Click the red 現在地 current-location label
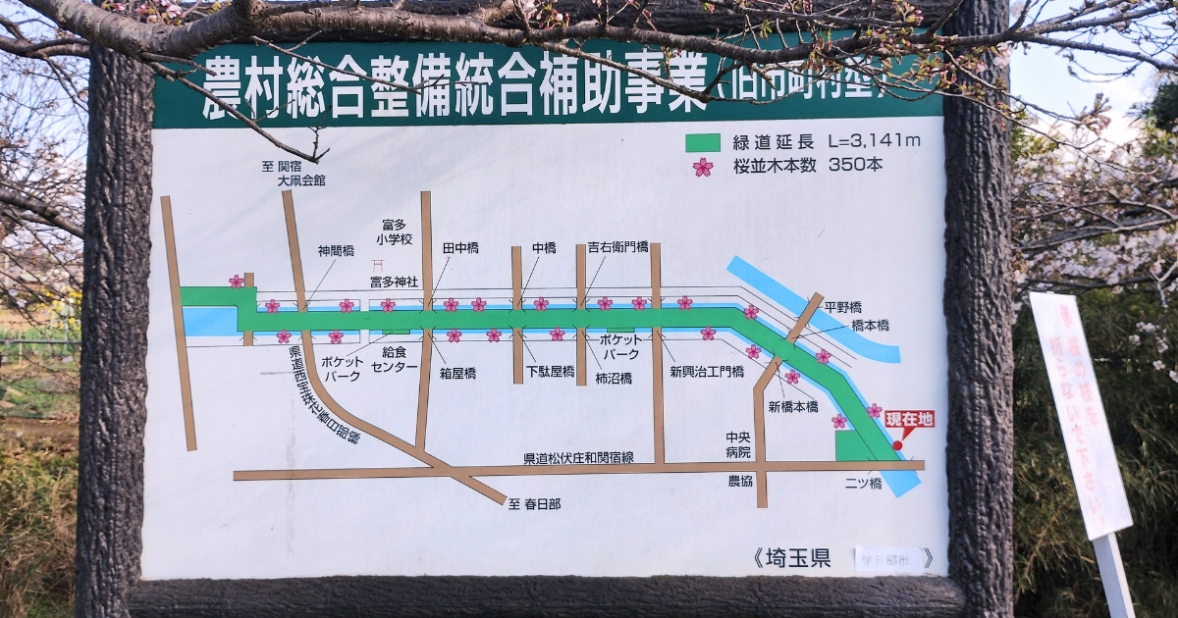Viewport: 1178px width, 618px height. pyautogui.click(x=909, y=420)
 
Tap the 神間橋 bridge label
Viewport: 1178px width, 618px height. pyautogui.click(x=336, y=251)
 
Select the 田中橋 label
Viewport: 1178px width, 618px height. pyautogui.click(x=460, y=248)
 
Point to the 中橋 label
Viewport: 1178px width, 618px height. pyautogui.click(x=544, y=248)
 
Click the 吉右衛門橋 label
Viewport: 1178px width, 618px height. pyautogui.click(x=618, y=247)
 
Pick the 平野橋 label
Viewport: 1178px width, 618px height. pyautogui.click(x=842, y=307)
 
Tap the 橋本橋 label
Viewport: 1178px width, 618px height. pyautogui.click(x=870, y=325)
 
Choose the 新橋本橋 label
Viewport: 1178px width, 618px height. pyautogui.click(x=793, y=406)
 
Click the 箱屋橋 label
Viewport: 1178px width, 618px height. pyautogui.click(x=457, y=373)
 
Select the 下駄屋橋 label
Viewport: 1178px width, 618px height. pyautogui.click(x=551, y=372)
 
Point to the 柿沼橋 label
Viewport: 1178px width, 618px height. pyautogui.click(x=614, y=378)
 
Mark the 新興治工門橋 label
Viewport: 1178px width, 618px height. pyautogui.click(x=707, y=372)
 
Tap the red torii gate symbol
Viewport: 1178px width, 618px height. pyautogui.click(x=378, y=265)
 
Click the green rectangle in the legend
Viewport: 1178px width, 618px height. pyautogui.click(x=702, y=142)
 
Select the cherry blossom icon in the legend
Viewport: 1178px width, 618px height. pyautogui.click(x=703, y=167)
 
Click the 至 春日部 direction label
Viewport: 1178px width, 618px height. pyautogui.click(x=534, y=504)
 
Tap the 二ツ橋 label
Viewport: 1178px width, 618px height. pyautogui.click(x=863, y=484)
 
